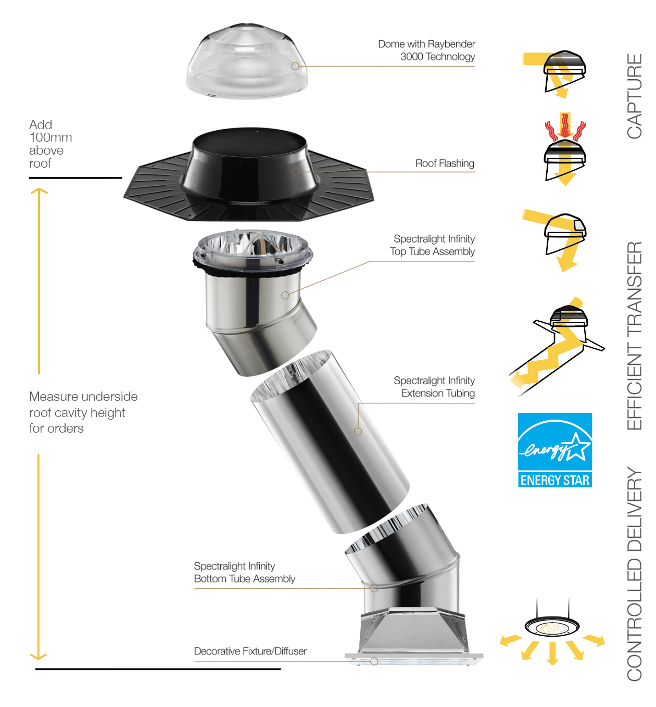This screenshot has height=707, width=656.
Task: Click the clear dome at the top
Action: (247, 61)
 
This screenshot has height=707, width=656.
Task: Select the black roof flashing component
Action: (248, 174)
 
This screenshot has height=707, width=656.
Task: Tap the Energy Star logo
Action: (554, 450)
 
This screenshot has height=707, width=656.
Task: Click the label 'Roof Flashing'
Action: (445, 163)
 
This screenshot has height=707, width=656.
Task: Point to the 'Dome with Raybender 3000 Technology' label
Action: (426, 50)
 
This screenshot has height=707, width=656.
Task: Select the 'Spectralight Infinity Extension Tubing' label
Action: (434, 387)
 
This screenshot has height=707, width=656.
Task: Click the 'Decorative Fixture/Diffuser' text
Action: (250, 651)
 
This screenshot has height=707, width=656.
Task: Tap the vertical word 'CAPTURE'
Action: (634, 96)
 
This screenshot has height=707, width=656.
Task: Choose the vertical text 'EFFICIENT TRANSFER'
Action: (634, 336)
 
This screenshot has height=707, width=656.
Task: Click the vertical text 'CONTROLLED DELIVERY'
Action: (634, 574)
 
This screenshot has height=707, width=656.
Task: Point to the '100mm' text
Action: (51, 137)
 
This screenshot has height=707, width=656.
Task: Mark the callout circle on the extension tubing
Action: (358, 432)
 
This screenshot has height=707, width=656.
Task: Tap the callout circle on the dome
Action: (295, 66)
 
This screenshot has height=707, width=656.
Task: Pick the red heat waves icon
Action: (565, 131)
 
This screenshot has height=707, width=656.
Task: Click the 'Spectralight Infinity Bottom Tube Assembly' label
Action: (244, 573)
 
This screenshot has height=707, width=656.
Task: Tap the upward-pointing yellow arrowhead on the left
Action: (39, 191)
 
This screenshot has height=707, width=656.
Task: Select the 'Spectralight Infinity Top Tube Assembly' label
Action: (432, 245)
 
